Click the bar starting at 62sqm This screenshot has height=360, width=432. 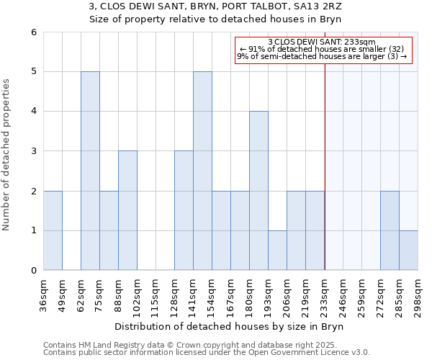pos(90,171)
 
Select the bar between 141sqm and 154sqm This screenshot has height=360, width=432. pos(202,171)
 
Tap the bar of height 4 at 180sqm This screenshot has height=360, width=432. pos(258,191)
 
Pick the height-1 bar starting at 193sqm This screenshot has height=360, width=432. pos(277,251)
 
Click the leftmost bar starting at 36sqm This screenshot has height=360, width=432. pos(53,230)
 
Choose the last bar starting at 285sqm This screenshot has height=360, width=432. pos(408,251)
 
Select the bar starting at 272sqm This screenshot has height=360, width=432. pos(390,230)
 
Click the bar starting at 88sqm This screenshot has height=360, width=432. pos(127,210)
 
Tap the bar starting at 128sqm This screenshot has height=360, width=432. pos(184,210)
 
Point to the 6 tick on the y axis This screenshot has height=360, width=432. pos(33,32)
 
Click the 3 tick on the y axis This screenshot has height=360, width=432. pos(33,151)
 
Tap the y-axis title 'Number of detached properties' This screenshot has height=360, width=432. pos(6,151)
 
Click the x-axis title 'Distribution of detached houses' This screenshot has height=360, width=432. pos(230,327)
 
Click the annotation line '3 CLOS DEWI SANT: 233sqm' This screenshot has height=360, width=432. pos(322,42)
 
